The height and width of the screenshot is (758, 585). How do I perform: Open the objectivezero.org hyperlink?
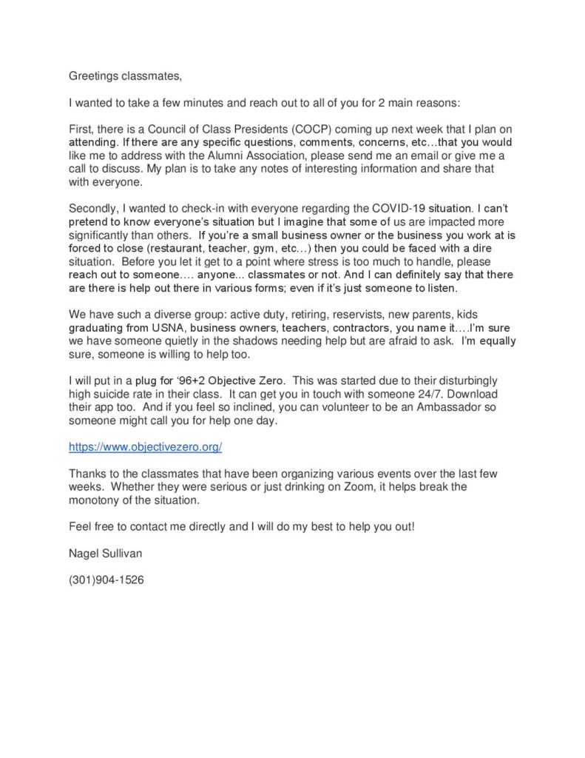pyautogui.click(x=146, y=447)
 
